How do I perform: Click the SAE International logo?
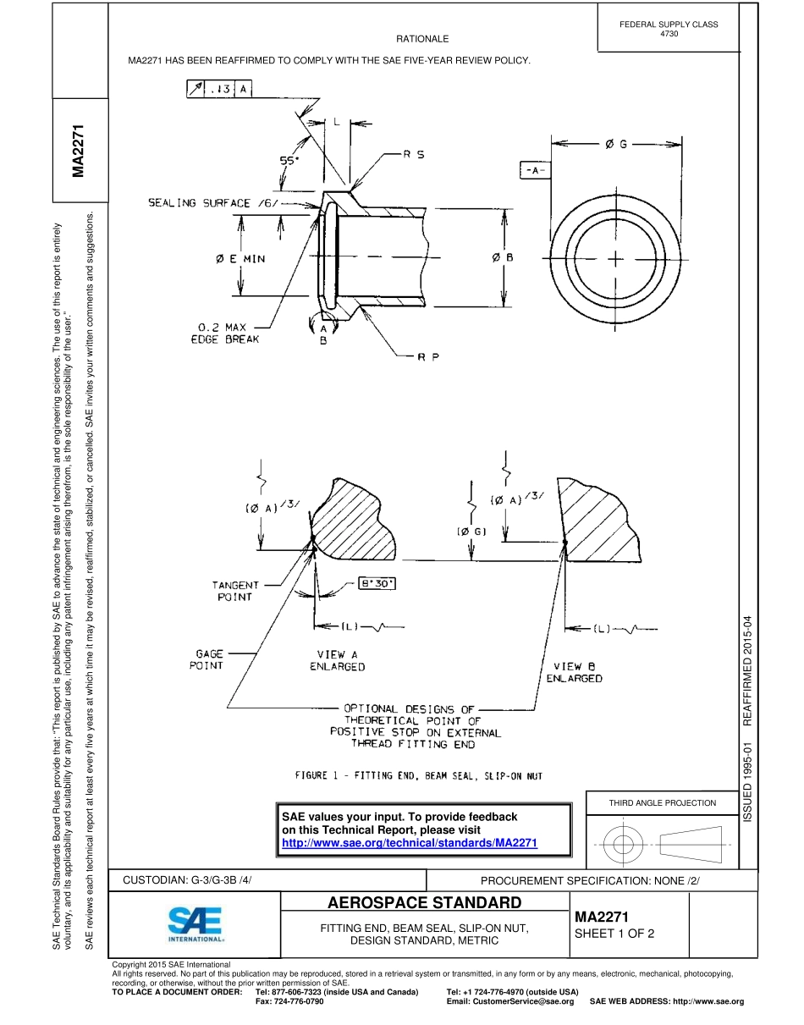[195, 923]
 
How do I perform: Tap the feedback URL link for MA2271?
[410, 843]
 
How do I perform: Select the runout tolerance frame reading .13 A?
[219, 90]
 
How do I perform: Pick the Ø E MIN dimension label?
[240, 258]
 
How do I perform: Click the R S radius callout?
[414, 155]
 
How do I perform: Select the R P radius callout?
[428, 356]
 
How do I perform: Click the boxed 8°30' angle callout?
[377, 583]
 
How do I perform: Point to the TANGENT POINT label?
[235, 590]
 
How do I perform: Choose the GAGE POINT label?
[209, 659]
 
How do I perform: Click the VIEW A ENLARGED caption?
[337, 660]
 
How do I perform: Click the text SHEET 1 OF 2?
[614, 934]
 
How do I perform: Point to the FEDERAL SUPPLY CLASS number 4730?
[668, 34]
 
